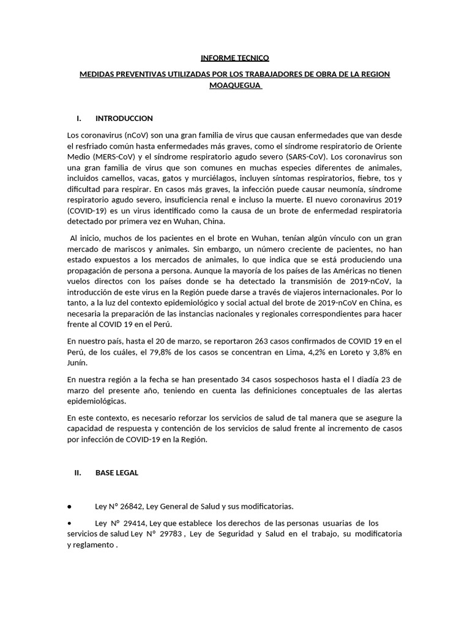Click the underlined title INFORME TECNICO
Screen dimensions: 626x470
tap(234, 59)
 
